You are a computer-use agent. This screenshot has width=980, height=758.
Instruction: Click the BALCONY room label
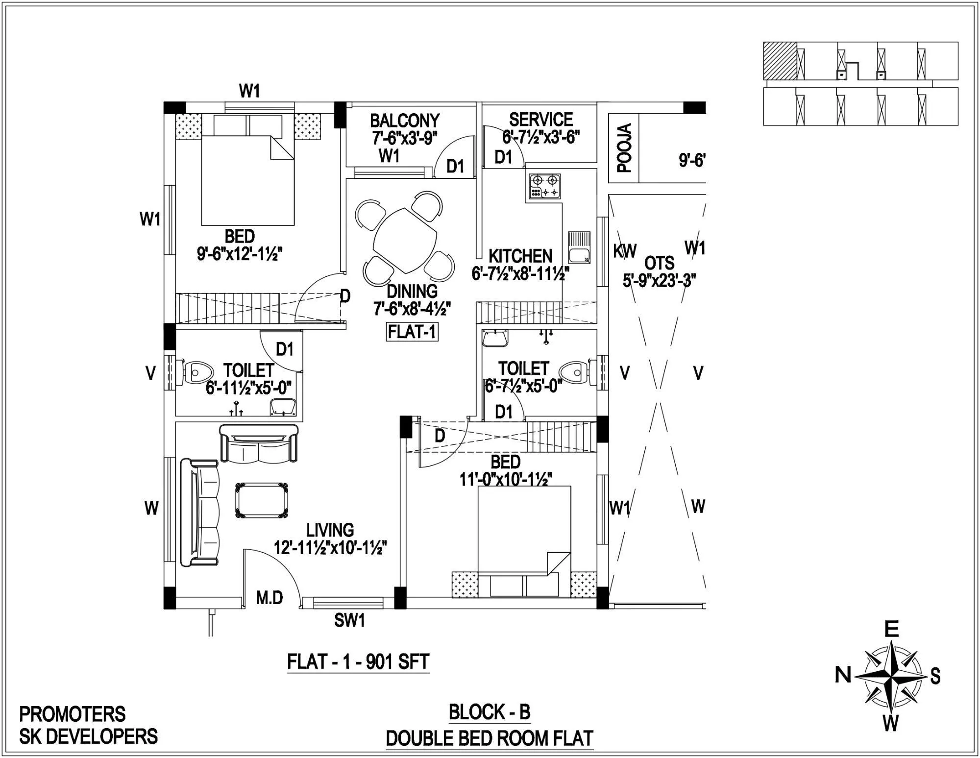[404, 121]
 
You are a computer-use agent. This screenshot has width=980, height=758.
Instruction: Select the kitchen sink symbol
[579, 247]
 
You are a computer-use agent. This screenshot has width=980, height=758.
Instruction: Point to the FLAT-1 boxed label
[412, 332]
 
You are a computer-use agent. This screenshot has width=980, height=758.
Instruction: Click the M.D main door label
[269, 598]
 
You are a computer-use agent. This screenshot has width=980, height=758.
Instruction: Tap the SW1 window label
[349, 621]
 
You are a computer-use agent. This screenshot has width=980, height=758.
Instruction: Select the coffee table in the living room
[261, 501]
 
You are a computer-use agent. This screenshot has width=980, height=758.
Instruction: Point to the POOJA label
[624, 148]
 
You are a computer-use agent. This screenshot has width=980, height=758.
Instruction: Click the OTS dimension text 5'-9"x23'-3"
[659, 281]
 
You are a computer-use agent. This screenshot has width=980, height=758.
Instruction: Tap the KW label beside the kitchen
[624, 251]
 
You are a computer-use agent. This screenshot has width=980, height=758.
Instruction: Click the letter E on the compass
[891, 629]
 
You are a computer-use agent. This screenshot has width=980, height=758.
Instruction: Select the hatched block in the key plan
[780, 61]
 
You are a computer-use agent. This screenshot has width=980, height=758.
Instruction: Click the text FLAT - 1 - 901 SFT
[358, 662]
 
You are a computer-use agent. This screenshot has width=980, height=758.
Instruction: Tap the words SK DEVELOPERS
[88, 736]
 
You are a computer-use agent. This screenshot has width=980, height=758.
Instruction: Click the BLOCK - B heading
[490, 712]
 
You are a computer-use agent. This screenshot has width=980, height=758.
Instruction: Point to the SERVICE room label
[540, 120]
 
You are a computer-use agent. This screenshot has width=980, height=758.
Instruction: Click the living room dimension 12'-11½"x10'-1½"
[330, 547]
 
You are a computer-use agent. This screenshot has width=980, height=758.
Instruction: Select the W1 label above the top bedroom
[249, 91]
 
